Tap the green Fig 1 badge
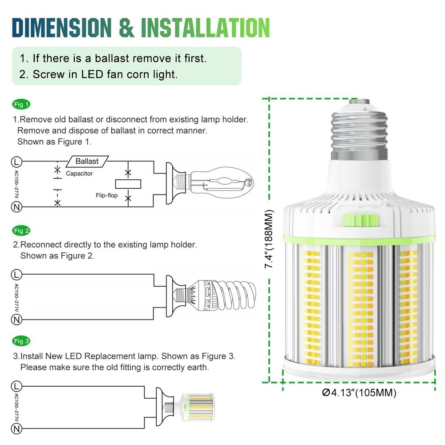(x=21, y=105)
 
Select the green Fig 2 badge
(x=21, y=231)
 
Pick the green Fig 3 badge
(x=21, y=341)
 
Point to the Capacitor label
(x=79, y=174)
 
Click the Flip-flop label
(x=106, y=195)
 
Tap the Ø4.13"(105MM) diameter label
(x=359, y=393)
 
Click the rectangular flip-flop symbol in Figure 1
(x=128, y=183)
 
